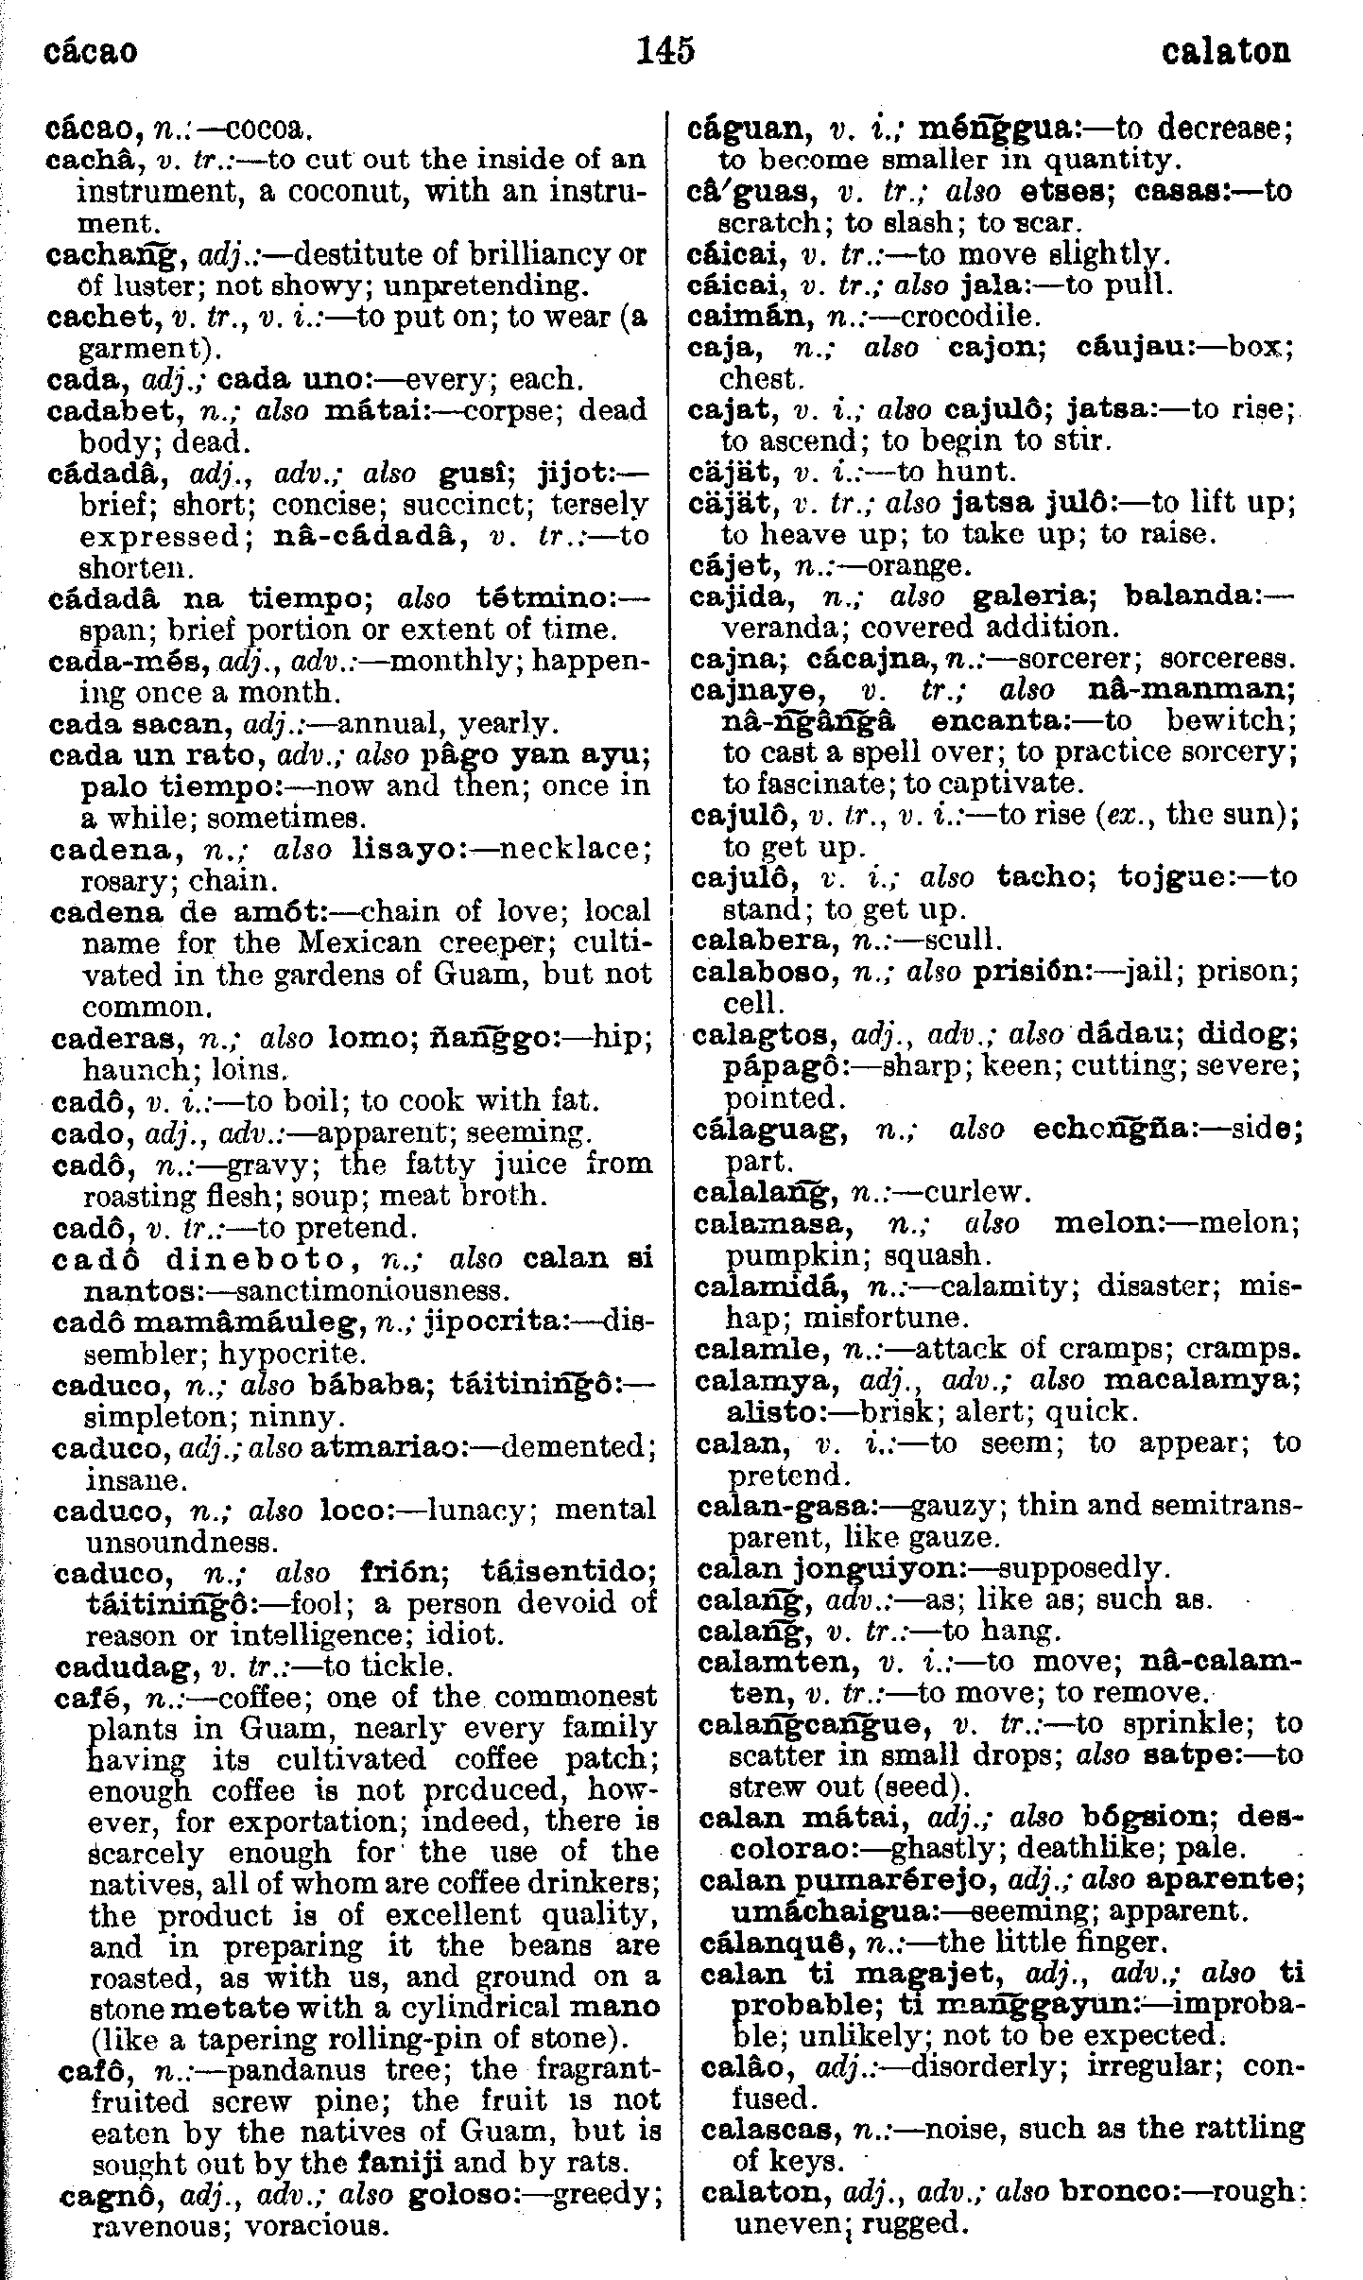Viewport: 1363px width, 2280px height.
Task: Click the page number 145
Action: pos(666,49)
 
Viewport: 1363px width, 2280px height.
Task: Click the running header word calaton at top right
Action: pos(1226,51)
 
